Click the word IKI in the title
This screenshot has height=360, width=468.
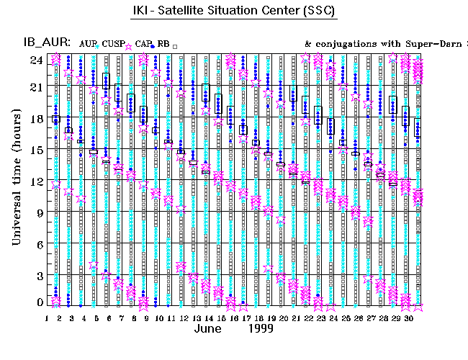(x=142, y=11)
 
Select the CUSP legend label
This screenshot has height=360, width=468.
(x=112, y=44)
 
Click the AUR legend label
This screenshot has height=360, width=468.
(x=86, y=44)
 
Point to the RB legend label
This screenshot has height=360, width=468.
(x=163, y=44)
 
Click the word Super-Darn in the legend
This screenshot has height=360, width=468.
(x=421, y=44)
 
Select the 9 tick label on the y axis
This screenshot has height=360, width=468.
(x=39, y=212)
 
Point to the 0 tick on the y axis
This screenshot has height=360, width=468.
(x=39, y=303)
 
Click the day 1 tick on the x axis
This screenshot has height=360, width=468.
(x=47, y=318)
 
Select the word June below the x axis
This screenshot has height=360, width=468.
(x=212, y=329)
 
